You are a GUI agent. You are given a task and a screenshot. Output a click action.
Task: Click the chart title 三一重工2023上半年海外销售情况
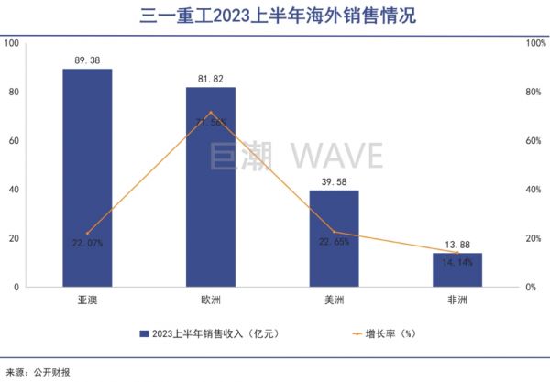[x=275, y=15]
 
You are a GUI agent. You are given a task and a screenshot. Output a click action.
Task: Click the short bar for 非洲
[x=456, y=269]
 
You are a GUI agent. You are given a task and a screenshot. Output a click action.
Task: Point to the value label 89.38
[x=87, y=60]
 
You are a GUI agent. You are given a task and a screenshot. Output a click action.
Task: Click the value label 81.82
[x=211, y=78]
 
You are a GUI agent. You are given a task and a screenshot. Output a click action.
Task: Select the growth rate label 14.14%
[x=456, y=262]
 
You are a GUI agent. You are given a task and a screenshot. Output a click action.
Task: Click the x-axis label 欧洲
[x=211, y=300]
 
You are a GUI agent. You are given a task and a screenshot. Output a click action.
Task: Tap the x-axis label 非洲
[x=456, y=300]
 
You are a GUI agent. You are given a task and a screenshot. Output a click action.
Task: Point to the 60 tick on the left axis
[x=12, y=141]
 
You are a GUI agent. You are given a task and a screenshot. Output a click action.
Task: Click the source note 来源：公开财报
[x=38, y=372]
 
